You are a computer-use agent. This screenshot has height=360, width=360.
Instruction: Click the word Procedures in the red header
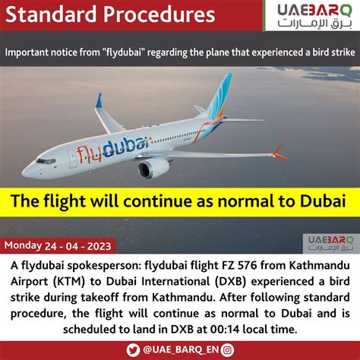[159, 14]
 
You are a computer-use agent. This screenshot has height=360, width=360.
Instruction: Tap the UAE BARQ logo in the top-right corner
[314, 17]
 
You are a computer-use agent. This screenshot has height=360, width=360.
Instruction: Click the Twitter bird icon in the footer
[133, 350]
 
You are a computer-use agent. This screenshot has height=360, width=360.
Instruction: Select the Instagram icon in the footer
[227, 350]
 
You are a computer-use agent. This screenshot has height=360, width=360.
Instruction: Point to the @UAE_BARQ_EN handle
[181, 350]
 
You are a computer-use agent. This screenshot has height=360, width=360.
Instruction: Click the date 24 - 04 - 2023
[78, 246]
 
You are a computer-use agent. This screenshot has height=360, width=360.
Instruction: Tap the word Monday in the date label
[23, 246]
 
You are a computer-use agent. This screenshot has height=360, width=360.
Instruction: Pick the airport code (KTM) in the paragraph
[69, 282]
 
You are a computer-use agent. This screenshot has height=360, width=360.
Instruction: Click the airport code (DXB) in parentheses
[230, 282]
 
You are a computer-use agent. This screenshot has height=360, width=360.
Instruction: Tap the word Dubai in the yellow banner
[323, 201]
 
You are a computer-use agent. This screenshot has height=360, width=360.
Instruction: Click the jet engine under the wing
[151, 167]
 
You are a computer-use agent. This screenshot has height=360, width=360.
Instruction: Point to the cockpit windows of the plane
[46, 161]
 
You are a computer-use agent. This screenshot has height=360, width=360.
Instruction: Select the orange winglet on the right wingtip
[279, 150]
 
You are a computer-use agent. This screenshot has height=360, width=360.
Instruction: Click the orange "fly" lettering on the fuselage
[89, 154]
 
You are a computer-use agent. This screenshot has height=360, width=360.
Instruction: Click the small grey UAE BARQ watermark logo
[331, 243]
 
